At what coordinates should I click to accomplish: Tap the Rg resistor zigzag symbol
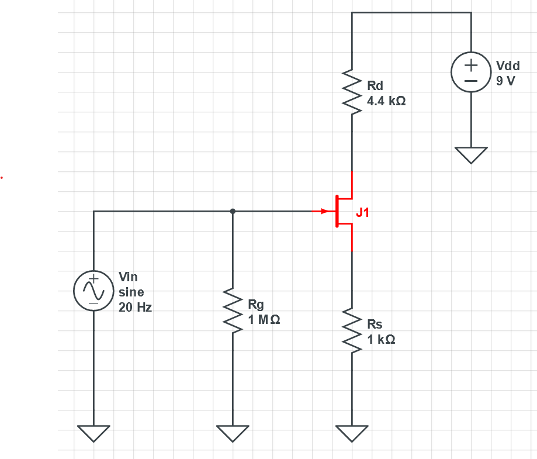[233, 312]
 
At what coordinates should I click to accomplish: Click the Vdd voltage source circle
[471, 73]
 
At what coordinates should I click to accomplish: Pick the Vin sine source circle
[93, 290]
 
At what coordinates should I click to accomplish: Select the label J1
[363, 213]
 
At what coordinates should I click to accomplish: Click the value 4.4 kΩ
[386, 101]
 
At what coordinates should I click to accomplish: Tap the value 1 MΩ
[264, 320]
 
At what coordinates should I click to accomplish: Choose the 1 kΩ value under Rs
[381, 340]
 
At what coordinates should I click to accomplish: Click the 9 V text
[506, 81]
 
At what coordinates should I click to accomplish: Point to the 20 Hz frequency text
[135, 308]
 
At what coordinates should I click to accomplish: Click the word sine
[131, 292]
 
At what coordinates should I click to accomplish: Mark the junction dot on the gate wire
[233, 211]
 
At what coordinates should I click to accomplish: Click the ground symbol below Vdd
[471, 154]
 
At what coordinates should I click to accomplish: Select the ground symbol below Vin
[93, 433]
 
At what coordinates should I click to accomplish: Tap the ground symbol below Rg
[233, 433]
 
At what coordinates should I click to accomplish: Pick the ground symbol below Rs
[352, 433]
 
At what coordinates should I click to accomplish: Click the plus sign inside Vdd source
[471, 65]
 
